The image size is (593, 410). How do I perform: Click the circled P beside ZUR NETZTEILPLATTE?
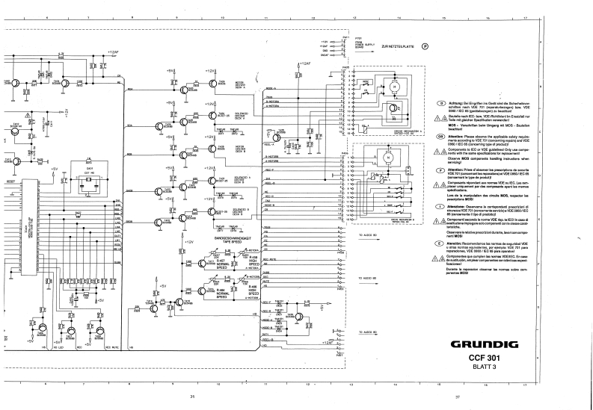pyautogui.click(x=425, y=46)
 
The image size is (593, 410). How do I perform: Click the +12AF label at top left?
pyautogui.click(x=112, y=52)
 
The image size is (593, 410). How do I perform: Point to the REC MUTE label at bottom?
pyautogui.click(x=92, y=326)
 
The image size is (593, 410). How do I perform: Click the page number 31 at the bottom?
pyautogui.click(x=192, y=397)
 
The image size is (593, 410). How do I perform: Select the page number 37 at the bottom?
pyautogui.click(x=456, y=397)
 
